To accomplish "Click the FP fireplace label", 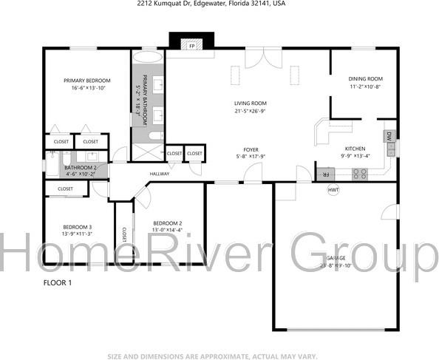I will [x=191, y=46].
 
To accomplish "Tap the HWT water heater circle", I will [x=334, y=190].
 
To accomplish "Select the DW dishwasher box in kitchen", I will [x=389, y=136].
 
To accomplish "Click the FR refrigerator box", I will [x=323, y=174].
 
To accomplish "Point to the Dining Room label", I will [x=365, y=79].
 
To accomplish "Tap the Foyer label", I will [x=250, y=149].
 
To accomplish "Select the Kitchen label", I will [x=355, y=149].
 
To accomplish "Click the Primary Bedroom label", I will [x=86, y=81].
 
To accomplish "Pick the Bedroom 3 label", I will [x=77, y=227].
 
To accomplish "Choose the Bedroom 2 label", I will [x=167, y=223].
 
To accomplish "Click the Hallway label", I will [x=160, y=174].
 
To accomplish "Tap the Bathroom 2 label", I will [x=81, y=168].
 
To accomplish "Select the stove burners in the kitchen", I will [x=360, y=174].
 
